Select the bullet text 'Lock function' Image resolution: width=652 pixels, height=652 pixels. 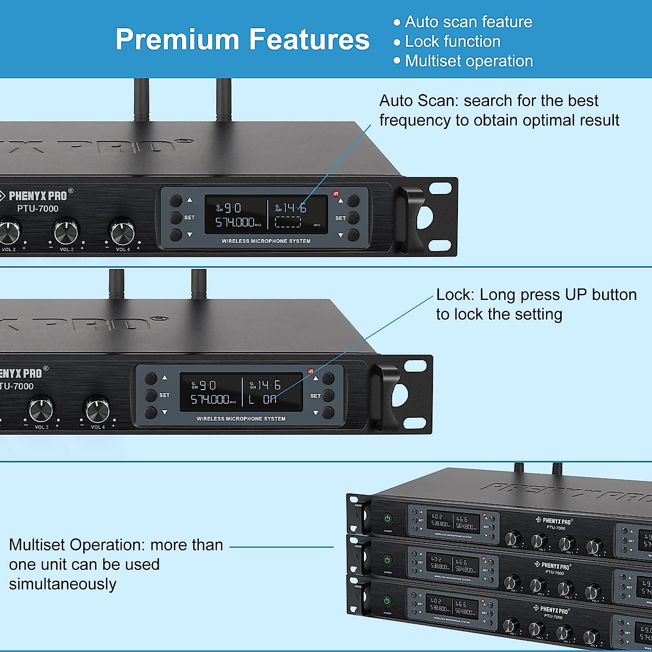pos(453,41)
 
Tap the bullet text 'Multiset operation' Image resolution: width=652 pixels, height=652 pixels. pos(469,61)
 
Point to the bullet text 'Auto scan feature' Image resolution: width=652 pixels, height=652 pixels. pos(468,22)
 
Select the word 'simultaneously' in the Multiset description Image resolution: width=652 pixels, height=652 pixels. pos(62,584)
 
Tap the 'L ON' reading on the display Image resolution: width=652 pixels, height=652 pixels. pos(263,399)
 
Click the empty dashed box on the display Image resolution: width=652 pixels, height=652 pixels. pos(287,222)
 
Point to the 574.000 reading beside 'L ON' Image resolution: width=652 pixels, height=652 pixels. pos(210,399)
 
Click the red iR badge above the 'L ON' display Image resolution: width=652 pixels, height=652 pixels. pos(311,372)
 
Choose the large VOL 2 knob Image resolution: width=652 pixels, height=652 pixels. pos(9,233)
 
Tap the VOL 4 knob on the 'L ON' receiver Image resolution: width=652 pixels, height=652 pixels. pos(98,410)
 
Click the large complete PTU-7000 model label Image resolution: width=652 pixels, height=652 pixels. pos(37,209)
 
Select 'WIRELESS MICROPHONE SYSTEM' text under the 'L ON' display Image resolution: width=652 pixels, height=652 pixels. pos(241,419)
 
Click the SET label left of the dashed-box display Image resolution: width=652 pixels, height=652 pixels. pos(189,217)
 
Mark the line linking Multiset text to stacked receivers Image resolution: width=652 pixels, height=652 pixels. pos(281,547)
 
